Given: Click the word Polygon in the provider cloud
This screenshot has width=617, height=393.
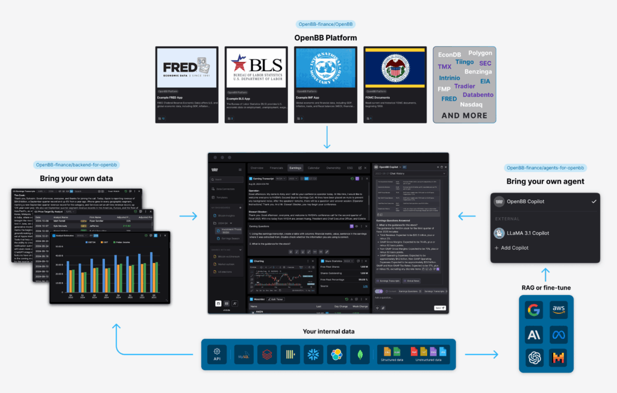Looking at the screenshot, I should tap(480, 53).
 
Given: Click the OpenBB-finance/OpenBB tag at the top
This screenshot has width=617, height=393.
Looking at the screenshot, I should tap(325, 25).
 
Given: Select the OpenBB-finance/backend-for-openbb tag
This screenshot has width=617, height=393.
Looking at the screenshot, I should tap(76, 164).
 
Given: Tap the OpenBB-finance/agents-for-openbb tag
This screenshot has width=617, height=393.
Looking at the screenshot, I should tap(546, 168).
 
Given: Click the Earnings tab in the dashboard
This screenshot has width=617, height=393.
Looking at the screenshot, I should tap(295, 168).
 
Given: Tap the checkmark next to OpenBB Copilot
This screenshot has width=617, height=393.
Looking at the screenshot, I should tap(594, 202).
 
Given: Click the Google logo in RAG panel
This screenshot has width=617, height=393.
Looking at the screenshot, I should tap(533, 311).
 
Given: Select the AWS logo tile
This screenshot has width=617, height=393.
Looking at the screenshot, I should tap(558, 311).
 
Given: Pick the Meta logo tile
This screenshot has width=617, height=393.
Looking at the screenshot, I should tap(558, 334).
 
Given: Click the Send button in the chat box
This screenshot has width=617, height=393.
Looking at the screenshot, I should tap(439, 308).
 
